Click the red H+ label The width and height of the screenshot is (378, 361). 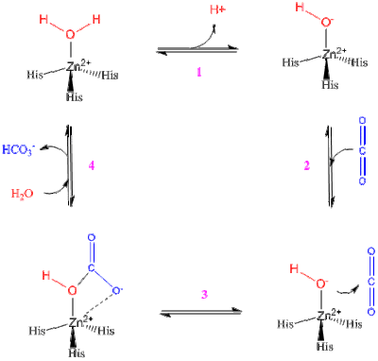218,9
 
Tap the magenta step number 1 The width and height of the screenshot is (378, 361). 199,73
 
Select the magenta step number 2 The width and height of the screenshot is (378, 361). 307,165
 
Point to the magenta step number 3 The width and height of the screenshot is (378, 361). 204,294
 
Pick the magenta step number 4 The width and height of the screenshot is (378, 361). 92,165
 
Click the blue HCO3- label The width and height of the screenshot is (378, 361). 17,149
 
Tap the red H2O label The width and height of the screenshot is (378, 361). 22,194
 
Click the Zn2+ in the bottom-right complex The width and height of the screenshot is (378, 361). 329,315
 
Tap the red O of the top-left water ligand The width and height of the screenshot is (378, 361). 71,34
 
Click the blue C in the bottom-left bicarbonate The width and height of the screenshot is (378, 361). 92,267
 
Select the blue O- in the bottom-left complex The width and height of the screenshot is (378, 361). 117,290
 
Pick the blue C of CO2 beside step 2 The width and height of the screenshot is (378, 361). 363,150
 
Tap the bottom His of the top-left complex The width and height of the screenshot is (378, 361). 75,96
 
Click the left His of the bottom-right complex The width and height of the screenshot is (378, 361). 285,324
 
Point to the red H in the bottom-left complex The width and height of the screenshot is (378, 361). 46,276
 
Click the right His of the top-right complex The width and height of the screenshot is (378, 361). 359,62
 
